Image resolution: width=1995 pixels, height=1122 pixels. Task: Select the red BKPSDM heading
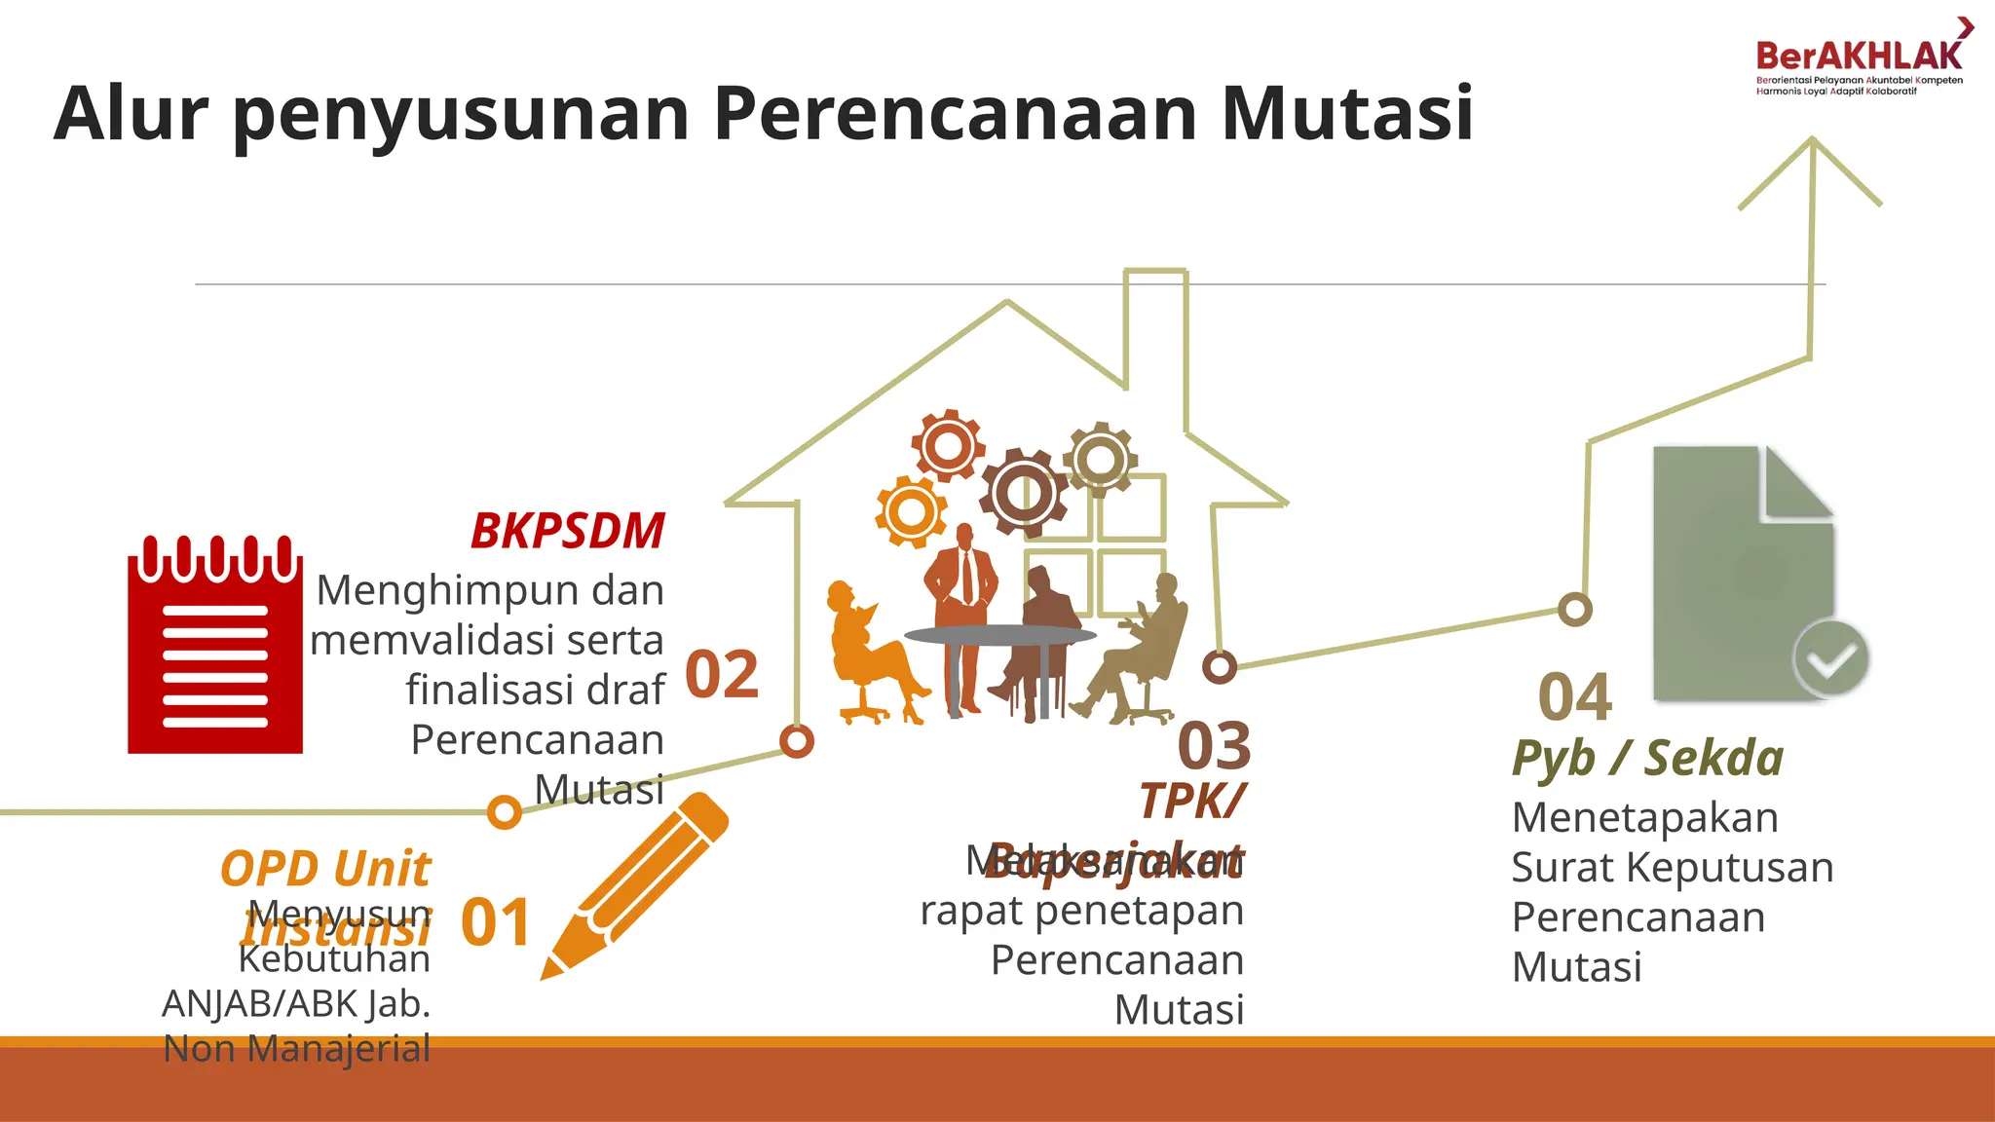pyautogui.click(x=567, y=532)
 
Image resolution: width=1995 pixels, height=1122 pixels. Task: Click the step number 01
pyautogui.click(x=495, y=923)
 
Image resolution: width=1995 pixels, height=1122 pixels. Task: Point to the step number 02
pyautogui.click(x=722, y=674)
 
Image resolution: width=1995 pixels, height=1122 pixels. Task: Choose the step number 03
pyautogui.click(x=1214, y=746)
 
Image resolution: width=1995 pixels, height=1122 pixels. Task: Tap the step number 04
pyautogui.click(x=1574, y=697)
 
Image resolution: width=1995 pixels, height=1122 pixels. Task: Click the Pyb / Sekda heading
pyautogui.click(x=1647, y=759)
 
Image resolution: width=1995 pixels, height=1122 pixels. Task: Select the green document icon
pyautogui.click(x=1744, y=573)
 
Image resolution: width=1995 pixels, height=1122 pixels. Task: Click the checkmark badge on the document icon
pyautogui.click(x=1830, y=659)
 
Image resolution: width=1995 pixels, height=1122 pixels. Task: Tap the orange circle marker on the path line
pyautogui.click(x=504, y=811)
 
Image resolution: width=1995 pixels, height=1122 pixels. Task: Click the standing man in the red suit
pyautogui.click(x=962, y=614)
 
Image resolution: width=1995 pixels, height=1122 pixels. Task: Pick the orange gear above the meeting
pyautogui.click(x=911, y=510)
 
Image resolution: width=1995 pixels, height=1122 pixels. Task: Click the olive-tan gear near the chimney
pyautogui.click(x=1100, y=458)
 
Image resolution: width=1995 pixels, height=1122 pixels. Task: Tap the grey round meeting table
pyautogui.click(x=999, y=636)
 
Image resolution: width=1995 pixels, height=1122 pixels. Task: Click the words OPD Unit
pyautogui.click(x=325, y=869)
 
